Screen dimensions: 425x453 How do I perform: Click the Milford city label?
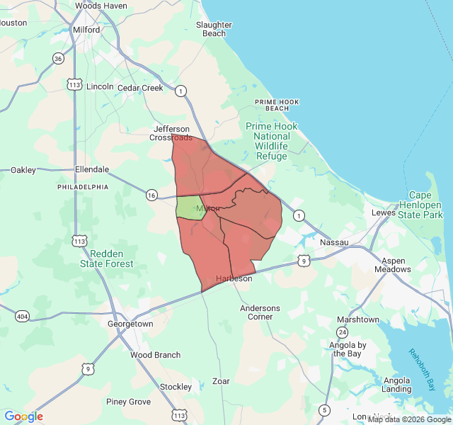coord(86,30)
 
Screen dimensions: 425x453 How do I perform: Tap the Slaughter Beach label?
coord(214,29)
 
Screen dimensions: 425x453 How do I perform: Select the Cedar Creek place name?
coord(140,89)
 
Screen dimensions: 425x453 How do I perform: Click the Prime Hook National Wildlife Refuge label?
coord(272,141)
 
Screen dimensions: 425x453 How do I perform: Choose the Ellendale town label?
coord(92,170)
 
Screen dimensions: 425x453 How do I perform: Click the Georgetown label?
coord(130,324)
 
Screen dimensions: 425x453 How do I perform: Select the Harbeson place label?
coord(234,278)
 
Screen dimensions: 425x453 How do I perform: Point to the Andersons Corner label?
coord(260,312)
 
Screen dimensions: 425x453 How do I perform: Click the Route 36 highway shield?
coord(58,59)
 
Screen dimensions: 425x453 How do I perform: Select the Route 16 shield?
coord(151,195)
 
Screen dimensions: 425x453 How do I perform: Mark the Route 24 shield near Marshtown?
coord(342,332)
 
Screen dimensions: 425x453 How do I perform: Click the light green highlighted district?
coord(190,208)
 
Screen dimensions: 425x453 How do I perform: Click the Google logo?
coord(23,416)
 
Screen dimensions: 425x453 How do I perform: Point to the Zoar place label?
coord(221,381)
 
